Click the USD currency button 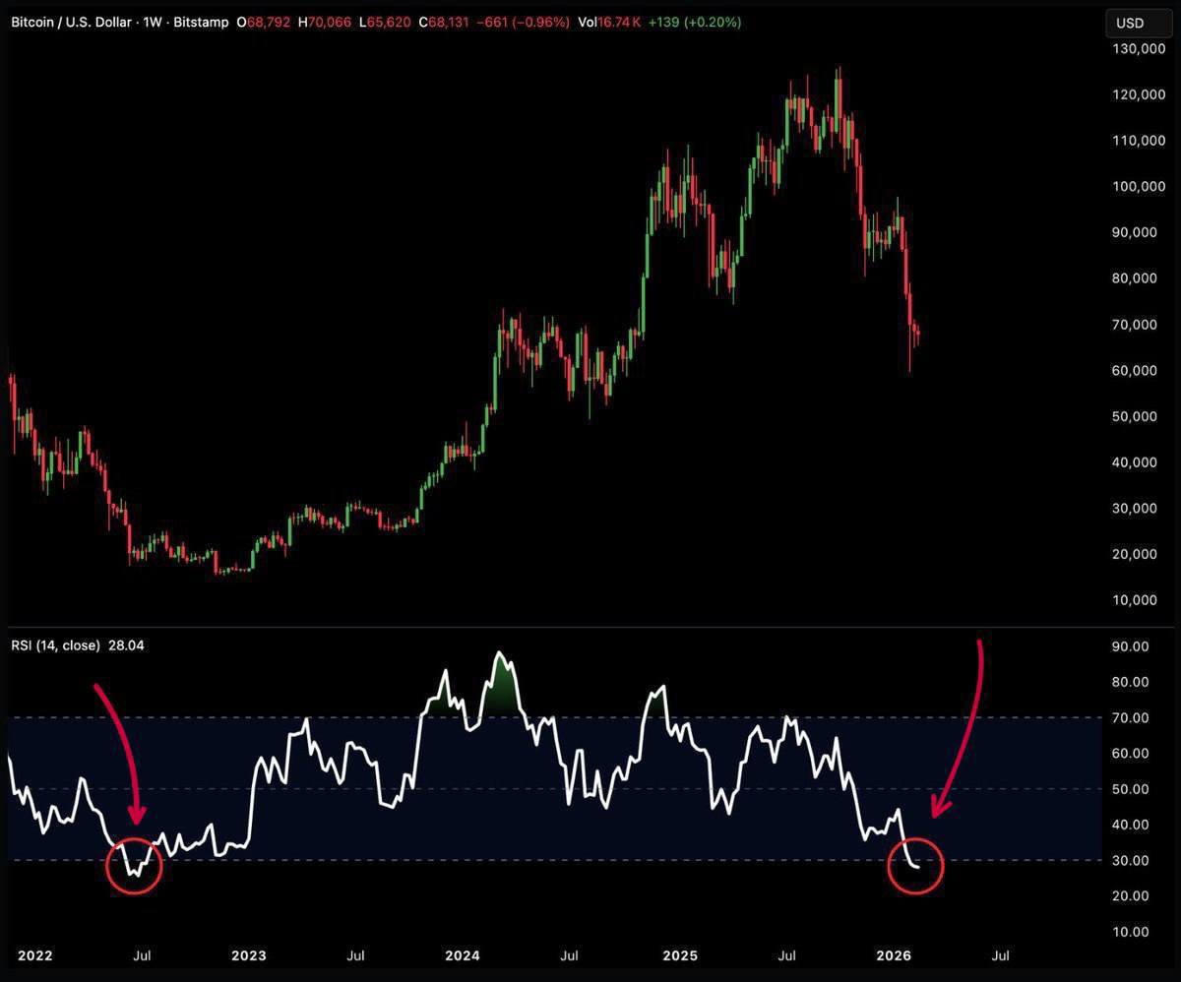click(x=1130, y=23)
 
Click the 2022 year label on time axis click(x=35, y=955)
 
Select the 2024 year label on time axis click(x=462, y=955)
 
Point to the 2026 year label click(x=893, y=955)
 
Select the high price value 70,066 click(x=331, y=22)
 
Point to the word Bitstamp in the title click(x=201, y=22)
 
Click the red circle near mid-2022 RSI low click(x=133, y=865)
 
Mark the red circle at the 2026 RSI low click(x=915, y=865)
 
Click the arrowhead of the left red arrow click(x=137, y=816)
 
